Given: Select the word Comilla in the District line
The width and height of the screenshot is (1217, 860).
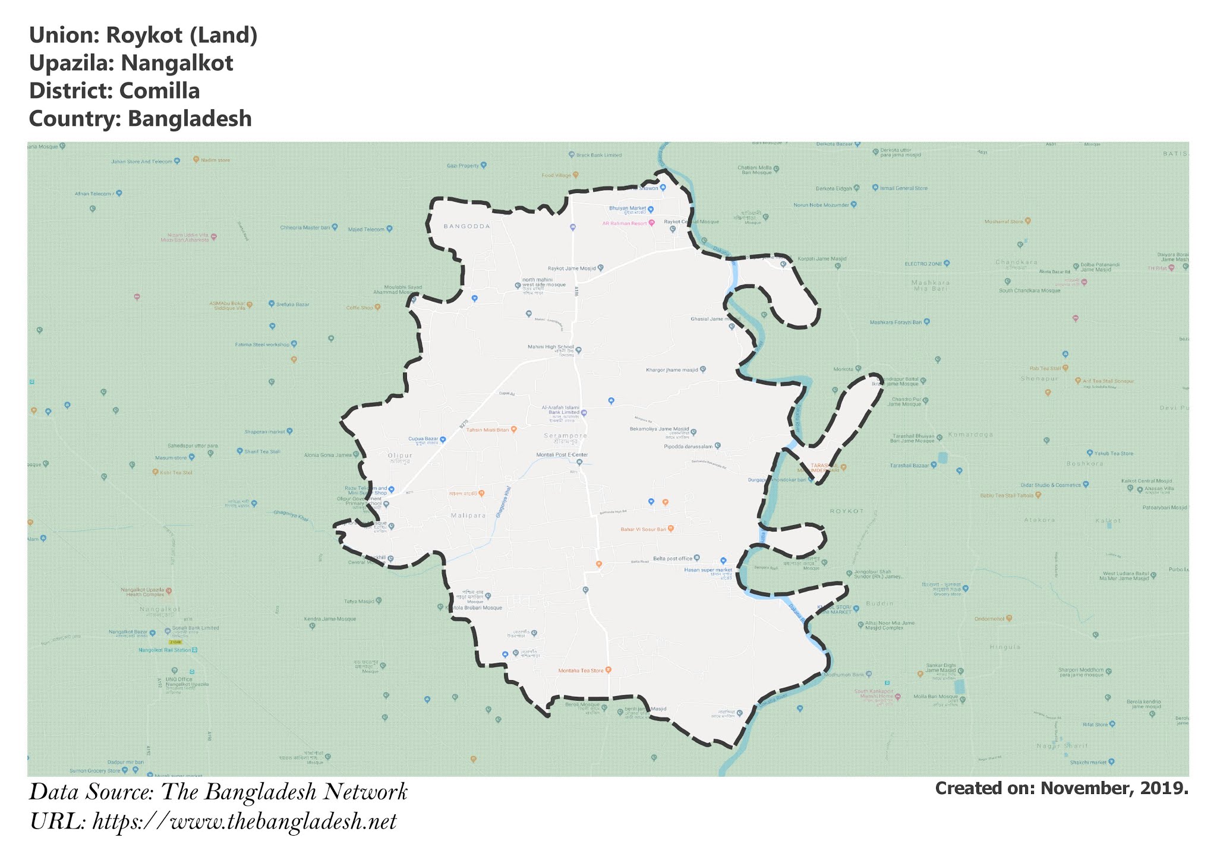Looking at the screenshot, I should [159, 91].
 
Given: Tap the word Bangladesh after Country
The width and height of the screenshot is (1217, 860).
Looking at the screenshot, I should [190, 119].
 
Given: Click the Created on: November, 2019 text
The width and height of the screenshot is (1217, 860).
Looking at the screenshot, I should [1061, 788].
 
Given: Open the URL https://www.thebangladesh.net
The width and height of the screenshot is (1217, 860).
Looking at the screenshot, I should [244, 822].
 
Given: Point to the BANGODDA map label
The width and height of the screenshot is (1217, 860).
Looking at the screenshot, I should [466, 226].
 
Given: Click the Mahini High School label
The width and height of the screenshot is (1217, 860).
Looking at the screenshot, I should [551, 347].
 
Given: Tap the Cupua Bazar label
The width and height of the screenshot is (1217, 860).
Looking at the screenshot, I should [423, 439].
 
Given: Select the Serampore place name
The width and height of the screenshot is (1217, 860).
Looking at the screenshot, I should [565, 435].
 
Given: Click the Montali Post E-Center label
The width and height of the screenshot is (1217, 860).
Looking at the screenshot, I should [562, 455].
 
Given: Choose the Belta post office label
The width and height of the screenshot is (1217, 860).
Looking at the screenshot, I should [673, 558].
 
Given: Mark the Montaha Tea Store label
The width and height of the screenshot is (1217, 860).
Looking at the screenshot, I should [581, 671].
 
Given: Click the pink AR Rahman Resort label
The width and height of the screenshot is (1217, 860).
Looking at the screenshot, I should [624, 223].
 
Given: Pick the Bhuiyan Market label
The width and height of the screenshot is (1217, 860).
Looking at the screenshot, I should [628, 208].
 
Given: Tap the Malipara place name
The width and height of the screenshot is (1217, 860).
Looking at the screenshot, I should [468, 516].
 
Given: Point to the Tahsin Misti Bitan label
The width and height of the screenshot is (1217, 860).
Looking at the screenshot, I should [488, 429].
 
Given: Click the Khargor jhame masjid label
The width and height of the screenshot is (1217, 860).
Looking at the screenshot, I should [672, 370].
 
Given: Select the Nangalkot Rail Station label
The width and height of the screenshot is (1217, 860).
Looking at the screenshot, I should [165, 650].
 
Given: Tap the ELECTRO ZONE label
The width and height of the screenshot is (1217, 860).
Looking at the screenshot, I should [923, 263].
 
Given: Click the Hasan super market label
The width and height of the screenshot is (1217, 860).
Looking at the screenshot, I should [708, 570].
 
